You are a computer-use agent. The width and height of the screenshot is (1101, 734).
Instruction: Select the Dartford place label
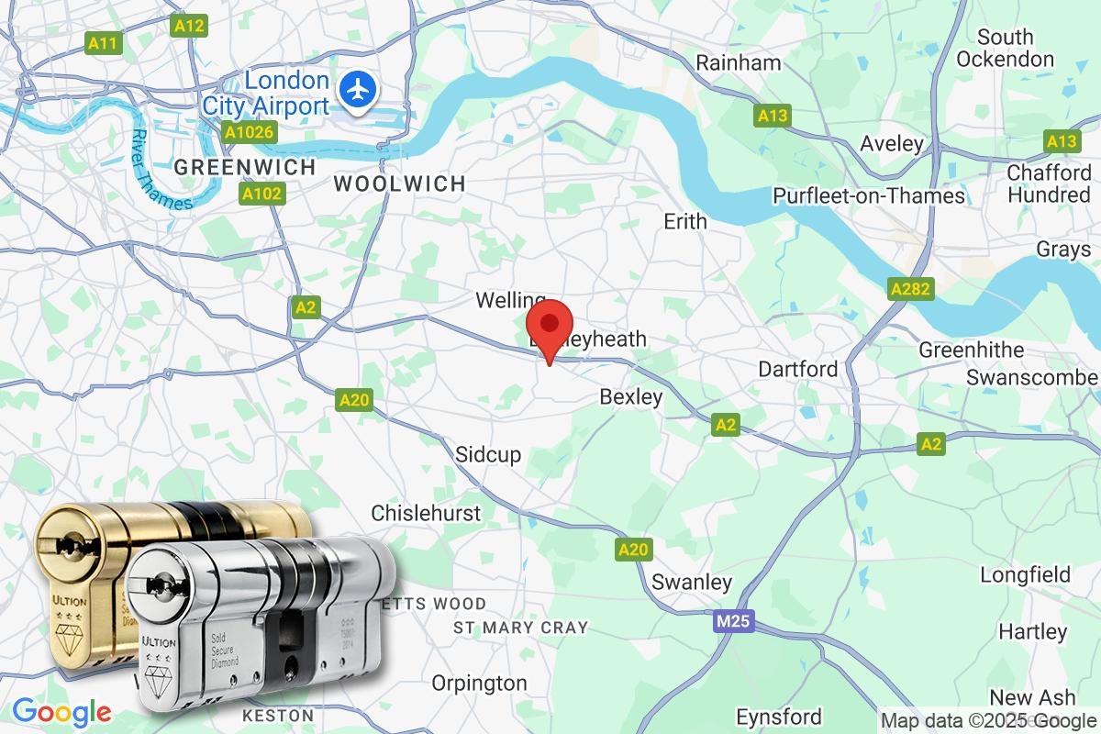(x=797, y=369)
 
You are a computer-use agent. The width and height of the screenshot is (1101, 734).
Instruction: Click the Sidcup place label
(x=488, y=454)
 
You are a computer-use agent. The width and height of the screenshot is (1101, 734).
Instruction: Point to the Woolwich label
(x=399, y=183)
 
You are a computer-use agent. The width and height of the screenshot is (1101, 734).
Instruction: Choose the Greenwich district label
(x=244, y=168)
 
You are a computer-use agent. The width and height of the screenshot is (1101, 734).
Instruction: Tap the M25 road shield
(x=733, y=623)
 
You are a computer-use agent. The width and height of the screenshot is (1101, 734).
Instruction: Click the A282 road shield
(x=911, y=290)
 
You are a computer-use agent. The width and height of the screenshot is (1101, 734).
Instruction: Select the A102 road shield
(x=262, y=195)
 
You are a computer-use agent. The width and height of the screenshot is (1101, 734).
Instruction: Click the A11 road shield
(x=103, y=42)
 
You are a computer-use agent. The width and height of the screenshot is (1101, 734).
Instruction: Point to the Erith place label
(x=685, y=221)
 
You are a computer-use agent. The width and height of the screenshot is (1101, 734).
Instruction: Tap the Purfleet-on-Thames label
(x=868, y=195)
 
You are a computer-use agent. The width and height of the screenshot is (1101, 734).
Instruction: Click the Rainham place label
(x=739, y=63)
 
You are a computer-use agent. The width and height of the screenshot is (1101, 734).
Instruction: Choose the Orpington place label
(x=480, y=683)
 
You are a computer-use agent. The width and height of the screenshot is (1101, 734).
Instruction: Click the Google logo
(x=61, y=711)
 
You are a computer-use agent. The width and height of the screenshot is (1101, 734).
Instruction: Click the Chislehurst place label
(x=426, y=512)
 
